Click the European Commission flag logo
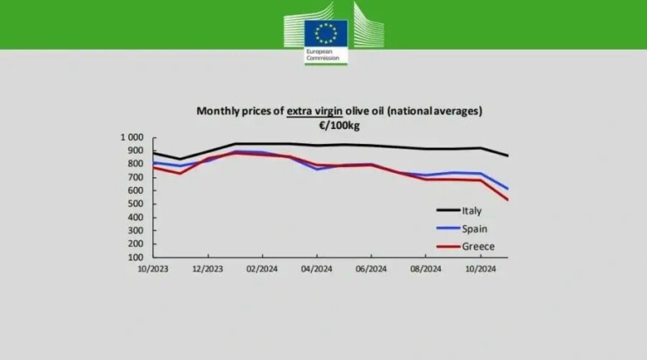324,33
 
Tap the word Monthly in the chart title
218,110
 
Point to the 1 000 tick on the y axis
132,137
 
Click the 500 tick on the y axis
136,204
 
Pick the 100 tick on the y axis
136,257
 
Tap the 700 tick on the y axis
136,177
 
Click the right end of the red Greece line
507,200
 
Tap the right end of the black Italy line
507,156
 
